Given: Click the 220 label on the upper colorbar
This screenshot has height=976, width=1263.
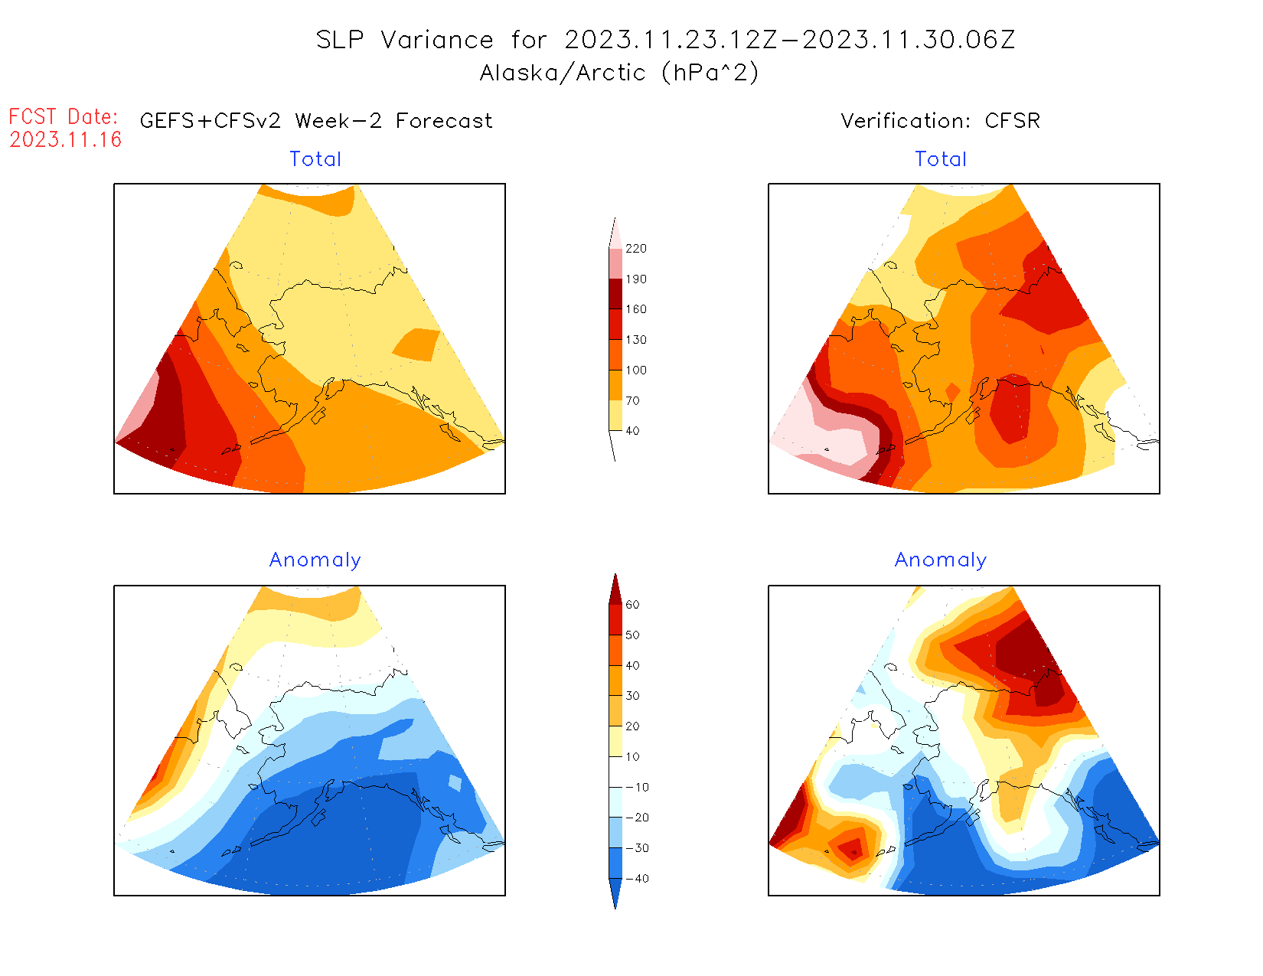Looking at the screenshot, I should (x=635, y=249).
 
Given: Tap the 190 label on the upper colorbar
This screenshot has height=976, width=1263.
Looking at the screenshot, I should (x=635, y=279).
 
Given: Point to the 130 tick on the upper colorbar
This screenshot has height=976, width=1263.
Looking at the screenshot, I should (x=635, y=340).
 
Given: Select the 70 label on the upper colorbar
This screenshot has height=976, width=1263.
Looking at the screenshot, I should (x=632, y=400).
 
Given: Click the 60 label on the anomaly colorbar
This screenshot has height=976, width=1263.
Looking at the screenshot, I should (x=632, y=605).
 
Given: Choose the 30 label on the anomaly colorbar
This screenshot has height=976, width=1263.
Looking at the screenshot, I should (x=632, y=696).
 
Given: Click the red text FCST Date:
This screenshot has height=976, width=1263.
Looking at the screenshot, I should (x=64, y=116).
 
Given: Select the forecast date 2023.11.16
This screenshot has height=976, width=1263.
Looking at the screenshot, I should (x=66, y=139).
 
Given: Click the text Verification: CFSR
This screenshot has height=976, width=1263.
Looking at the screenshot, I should (x=940, y=121).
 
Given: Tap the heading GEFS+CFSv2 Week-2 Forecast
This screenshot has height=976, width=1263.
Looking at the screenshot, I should (x=316, y=121).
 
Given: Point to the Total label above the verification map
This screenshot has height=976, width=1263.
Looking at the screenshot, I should (x=941, y=159).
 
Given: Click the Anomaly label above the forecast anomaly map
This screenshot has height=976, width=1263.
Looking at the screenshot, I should (x=315, y=560).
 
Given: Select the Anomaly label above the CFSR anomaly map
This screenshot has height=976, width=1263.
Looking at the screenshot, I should (x=941, y=560).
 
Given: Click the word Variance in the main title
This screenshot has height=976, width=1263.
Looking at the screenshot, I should (x=437, y=40).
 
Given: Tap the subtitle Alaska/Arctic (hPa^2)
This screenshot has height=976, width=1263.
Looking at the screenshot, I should (x=619, y=73).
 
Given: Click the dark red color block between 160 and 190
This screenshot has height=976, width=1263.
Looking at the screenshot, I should (x=615, y=294).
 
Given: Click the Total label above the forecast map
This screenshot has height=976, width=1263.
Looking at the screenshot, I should (x=315, y=159).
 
